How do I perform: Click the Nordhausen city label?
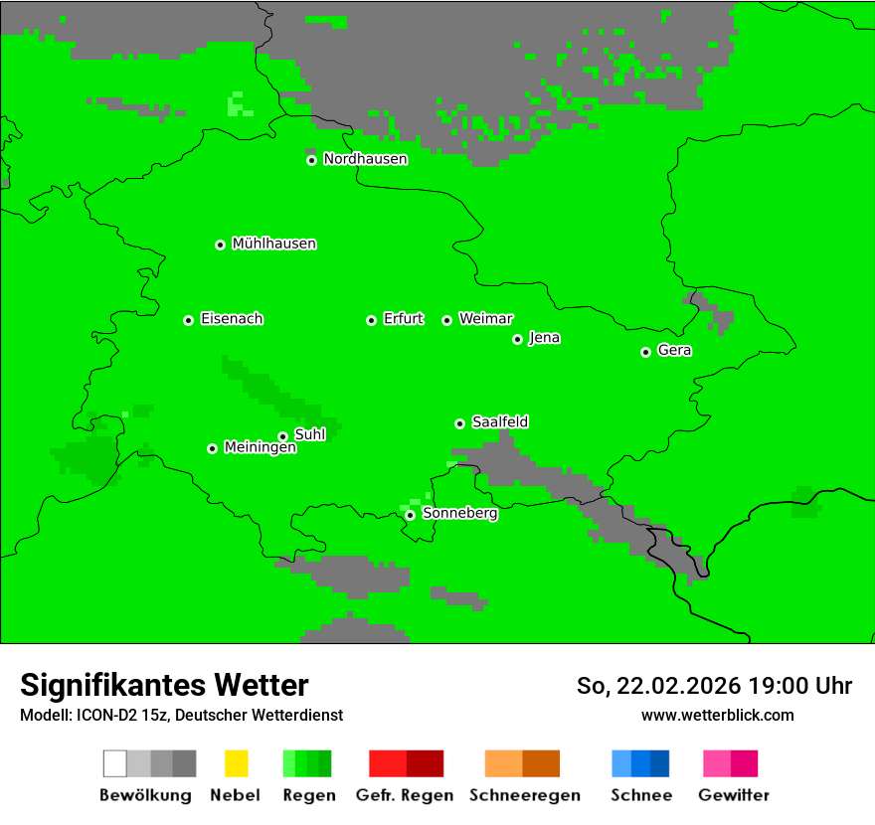coord(365,159)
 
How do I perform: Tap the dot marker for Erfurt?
coord(371,320)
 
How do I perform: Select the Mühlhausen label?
coord(273,244)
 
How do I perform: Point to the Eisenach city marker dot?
coord(188,320)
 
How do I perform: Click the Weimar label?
coord(485,319)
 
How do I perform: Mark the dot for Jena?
coord(517,339)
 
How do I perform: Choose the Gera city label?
coord(674,351)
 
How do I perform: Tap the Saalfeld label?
coord(499,422)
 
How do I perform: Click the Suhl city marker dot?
coord(282,436)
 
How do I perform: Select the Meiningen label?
coord(260,448)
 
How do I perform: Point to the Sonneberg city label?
coord(459,514)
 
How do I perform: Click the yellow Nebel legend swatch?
coord(236,763)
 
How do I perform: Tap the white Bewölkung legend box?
coord(115,763)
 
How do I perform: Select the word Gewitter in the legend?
coord(733,795)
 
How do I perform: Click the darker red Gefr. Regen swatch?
coord(425,763)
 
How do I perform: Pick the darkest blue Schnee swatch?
coord(660,763)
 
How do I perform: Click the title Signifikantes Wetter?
coord(164,685)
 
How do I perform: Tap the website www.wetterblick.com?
coord(717,715)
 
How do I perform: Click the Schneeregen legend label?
coord(524,795)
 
